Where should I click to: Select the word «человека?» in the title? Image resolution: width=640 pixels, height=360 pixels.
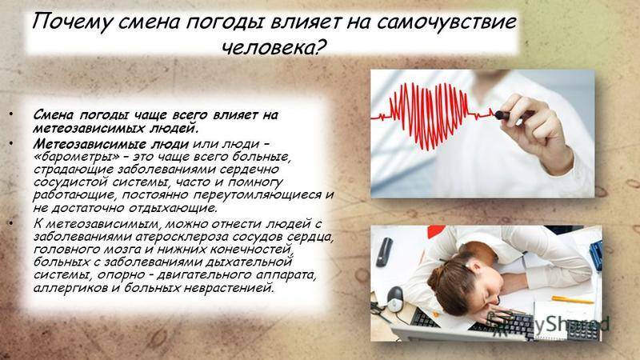274,48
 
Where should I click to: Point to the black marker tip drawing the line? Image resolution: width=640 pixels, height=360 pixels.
501,115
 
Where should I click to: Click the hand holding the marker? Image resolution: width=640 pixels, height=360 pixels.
534,130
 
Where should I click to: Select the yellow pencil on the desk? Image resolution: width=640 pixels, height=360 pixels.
572,300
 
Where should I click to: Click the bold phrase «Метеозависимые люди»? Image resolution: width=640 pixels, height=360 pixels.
111,144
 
